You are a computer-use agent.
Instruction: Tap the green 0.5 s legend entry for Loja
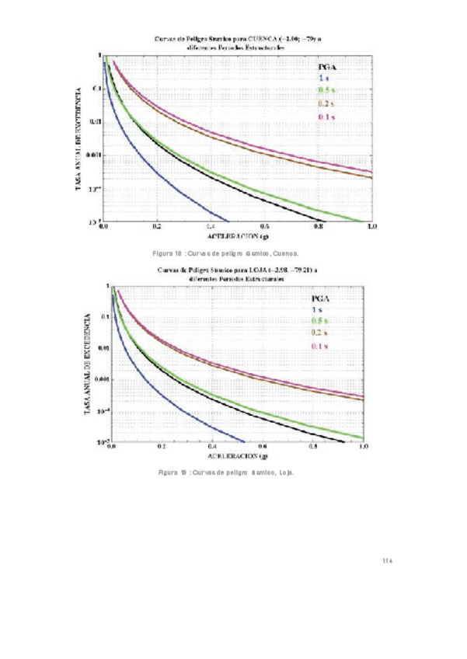[x=319, y=321]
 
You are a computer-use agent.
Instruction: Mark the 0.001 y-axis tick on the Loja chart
[x=96, y=379]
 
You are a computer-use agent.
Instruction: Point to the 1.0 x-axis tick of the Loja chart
[x=363, y=448]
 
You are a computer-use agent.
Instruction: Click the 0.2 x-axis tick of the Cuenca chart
[x=157, y=226]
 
